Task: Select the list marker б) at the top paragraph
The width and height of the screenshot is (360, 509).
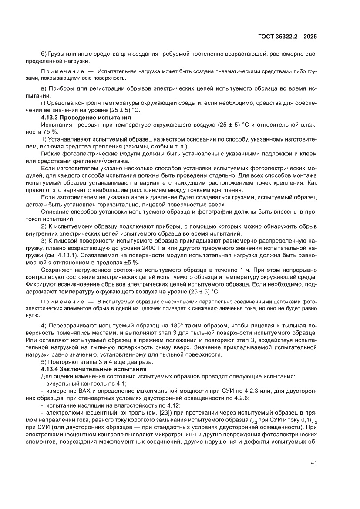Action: [44, 54]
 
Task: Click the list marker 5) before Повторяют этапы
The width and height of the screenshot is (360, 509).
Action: [44, 362]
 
